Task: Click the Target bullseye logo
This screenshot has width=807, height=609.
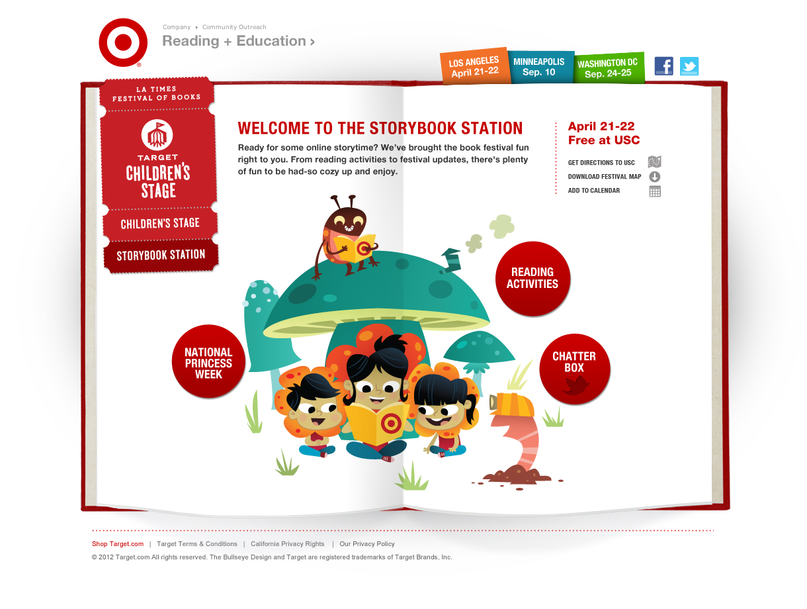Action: coord(123,42)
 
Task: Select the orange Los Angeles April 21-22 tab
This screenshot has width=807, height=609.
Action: coord(474,66)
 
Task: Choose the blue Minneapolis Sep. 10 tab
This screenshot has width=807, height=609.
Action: coord(539,67)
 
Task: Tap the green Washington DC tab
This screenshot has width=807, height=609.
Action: coord(608,68)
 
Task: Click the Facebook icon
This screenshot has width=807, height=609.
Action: coord(663,66)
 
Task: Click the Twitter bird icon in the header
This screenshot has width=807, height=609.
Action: coord(689,66)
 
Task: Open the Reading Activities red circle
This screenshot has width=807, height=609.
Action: coord(532,279)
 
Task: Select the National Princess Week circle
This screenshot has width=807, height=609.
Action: coord(208,361)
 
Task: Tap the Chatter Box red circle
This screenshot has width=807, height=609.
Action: coord(574,369)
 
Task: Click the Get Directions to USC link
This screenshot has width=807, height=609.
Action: coord(601,163)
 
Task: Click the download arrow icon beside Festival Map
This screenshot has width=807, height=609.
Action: coord(654,177)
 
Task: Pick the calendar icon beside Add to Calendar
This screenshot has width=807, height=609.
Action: coord(655,191)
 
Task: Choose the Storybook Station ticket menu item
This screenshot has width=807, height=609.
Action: coord(161,256)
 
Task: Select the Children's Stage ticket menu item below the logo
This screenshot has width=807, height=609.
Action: coord(160,223)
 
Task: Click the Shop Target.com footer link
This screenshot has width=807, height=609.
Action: coord(118,544)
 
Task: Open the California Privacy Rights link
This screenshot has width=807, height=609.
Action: coord(288,544)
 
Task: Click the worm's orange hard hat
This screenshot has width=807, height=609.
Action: coord(512,404)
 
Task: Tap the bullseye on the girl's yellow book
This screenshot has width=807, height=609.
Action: coord(391,424)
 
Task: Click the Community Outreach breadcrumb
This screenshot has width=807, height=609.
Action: coord(234,27)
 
